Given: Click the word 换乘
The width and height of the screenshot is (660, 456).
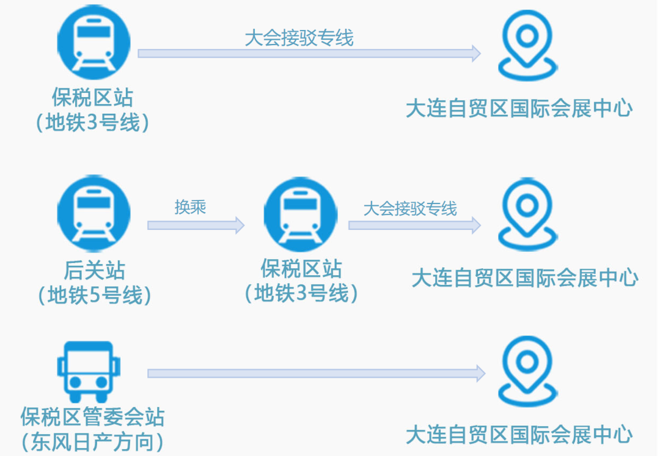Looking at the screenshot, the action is click(190, 207).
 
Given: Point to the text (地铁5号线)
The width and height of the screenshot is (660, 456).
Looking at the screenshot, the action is click(94, 296).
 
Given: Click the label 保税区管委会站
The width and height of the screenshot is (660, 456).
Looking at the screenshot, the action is click(92, 417).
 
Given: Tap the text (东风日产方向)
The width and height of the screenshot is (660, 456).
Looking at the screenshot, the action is click(92, 441).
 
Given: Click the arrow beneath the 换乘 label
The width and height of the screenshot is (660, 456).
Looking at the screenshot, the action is click(196, 226).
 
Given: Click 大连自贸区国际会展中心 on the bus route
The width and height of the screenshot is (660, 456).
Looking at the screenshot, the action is click(519, 435).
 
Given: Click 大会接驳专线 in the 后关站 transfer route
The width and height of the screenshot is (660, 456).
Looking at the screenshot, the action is click(410, 209).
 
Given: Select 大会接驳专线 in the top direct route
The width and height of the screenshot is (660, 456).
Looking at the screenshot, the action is click(299, 39).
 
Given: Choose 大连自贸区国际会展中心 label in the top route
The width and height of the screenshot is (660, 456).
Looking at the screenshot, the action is click(519, 109).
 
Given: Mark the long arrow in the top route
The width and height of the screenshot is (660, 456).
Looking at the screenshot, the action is click(309, 54).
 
